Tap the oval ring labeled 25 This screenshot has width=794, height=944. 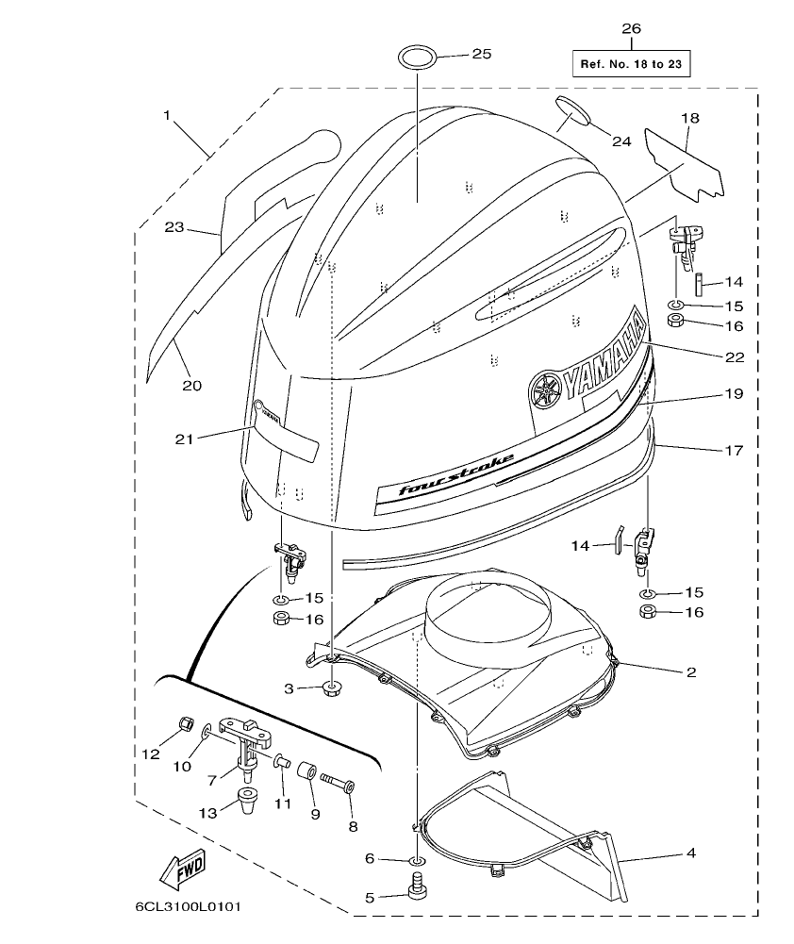click(x=416, y=56)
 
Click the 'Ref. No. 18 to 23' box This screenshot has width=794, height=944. click(x=631, y=63)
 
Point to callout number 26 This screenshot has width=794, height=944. click(x=631, y=29)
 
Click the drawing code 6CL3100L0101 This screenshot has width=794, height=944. click(x=188, y=908)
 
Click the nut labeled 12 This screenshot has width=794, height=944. click(x=186, y=725)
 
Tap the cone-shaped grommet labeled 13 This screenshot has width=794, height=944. click(x=245, y=803)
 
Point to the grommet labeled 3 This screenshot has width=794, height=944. click(x=330, y=688)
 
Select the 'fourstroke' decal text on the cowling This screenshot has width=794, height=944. click(x=456, y=475)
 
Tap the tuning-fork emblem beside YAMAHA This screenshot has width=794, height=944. click(x=545, y=389)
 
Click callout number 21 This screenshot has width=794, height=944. click(x=186, y=438)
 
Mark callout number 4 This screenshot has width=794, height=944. click(x=690, y=854)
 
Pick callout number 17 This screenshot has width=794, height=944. click(x=734, y=451)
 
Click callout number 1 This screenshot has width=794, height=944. click(x=167, y=115)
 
